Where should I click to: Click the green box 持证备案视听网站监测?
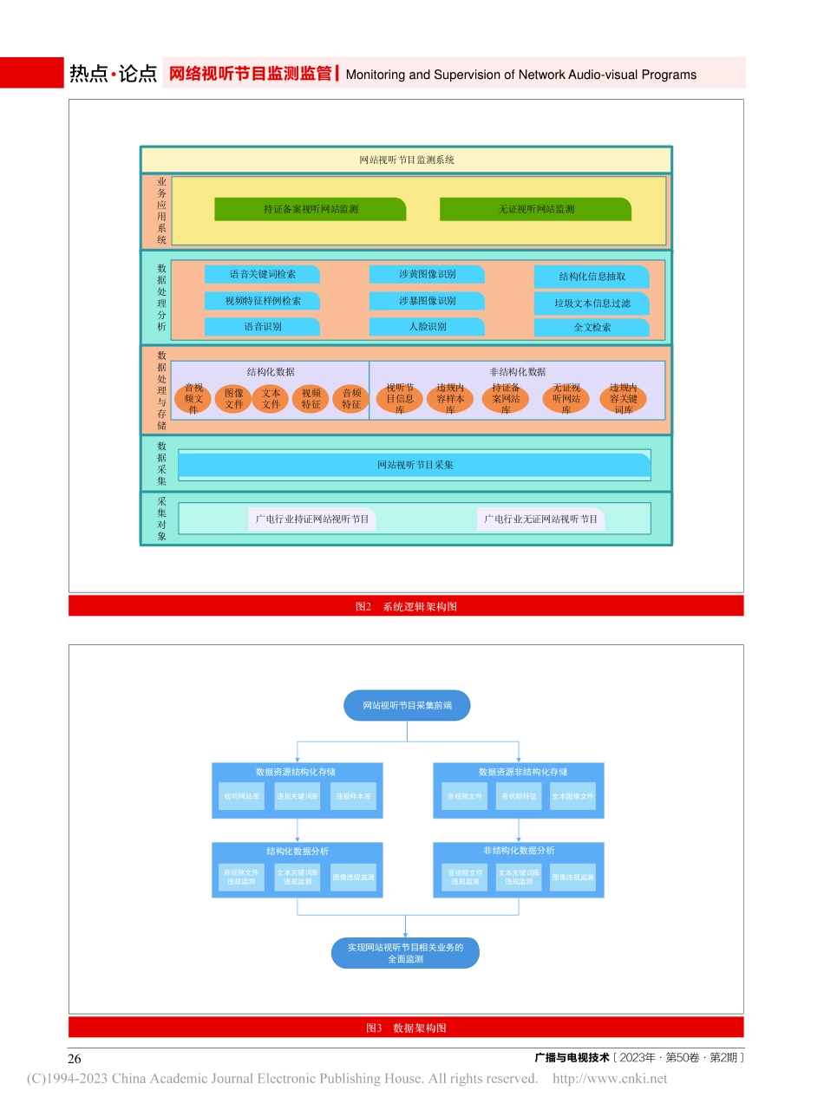click(311, 209)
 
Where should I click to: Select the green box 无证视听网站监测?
click(535, 209)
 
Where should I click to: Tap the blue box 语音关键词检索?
click(262, 274)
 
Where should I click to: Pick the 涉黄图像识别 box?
click(427, 274)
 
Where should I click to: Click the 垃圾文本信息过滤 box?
click(592, 304)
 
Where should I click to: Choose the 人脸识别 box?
click(427, 327)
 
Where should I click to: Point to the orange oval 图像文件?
click(233, 399)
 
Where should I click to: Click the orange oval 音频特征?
click(350, 399)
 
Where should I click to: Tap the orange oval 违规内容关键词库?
click(623, 399)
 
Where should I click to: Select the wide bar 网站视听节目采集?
click(415, 465)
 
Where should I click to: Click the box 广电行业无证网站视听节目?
click(541, 519)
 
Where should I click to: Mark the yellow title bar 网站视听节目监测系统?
click(406, 160)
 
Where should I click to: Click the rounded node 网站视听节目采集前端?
click(407, 706)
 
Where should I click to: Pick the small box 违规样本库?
click(353, 796)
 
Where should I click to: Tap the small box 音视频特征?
click(519, 796)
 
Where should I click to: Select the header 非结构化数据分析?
click(519, 851)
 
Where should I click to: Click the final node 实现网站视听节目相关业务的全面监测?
click(405, 953)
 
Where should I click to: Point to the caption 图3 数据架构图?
click(406, 1028)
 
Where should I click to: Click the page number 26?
click(75, 1058)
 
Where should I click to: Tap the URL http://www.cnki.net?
click(610, 1079)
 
